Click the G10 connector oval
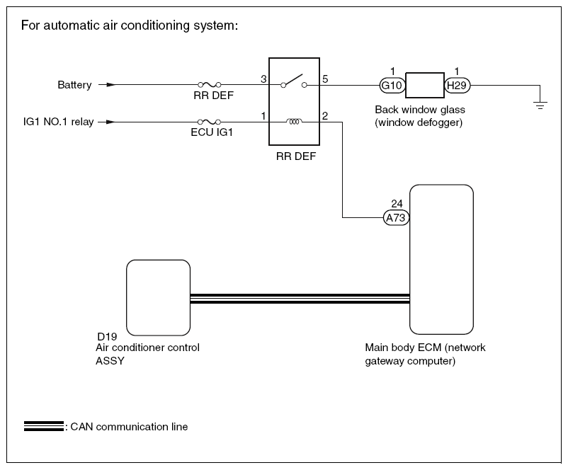[391, 86]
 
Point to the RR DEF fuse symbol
[210, 85]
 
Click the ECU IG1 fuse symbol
[210, 122]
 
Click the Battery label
[74, 86]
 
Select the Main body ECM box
[441, 259]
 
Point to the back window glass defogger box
[424, 86]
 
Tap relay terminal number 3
[263, 79]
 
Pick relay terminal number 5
[325, 79]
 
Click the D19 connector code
[107, 336]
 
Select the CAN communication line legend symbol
[43, 426]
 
